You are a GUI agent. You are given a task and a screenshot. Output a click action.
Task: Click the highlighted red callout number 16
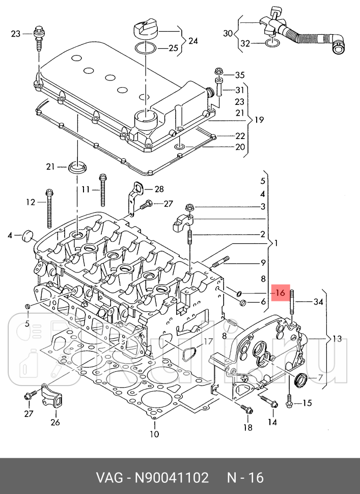coord(280,293)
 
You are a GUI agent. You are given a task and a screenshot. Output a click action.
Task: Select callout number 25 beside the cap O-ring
coord(173,48)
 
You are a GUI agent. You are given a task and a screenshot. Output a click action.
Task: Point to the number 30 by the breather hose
coord(228,33)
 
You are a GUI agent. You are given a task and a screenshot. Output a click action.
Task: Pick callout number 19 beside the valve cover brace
coord(259,120)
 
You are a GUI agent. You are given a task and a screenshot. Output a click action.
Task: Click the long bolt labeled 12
coord(49,208)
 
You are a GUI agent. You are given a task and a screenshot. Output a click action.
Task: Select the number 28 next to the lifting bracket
coord(159,189)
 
